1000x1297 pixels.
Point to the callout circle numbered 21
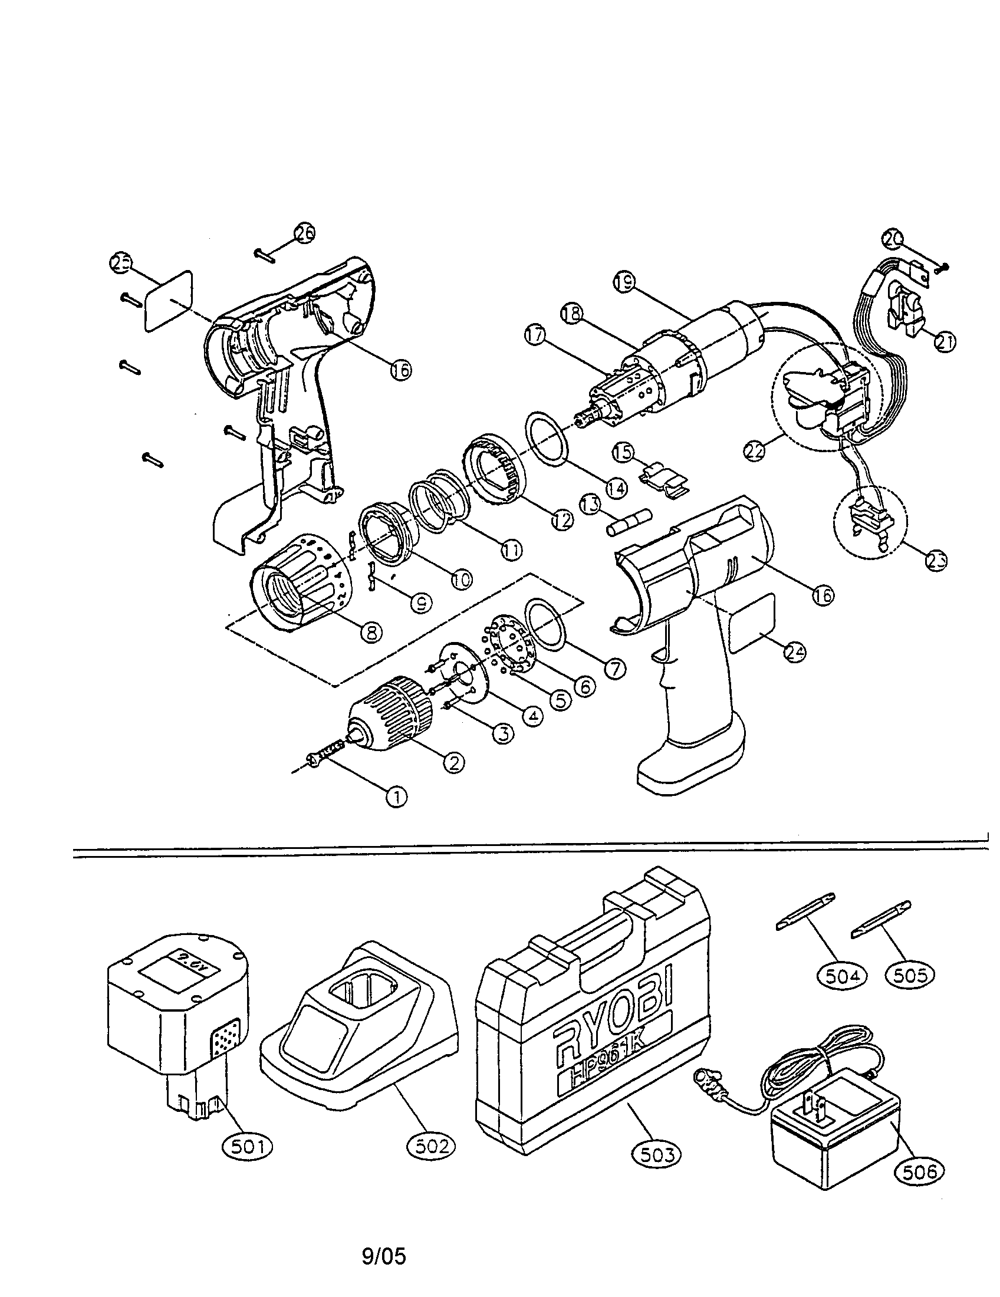944,341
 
